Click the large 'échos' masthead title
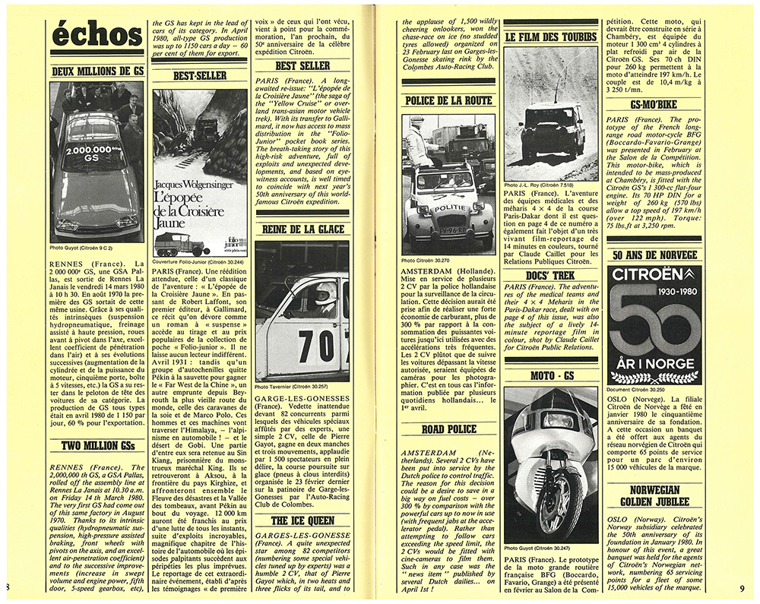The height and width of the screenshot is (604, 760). (x=96, y=35)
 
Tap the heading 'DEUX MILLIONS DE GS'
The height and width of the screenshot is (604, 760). (x=96, y=71)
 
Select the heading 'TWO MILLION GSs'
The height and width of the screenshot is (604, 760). (x=96, y=446)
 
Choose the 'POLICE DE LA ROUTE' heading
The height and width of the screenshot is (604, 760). (x=448, y=101)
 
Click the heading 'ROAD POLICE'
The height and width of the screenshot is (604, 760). (x=448, y=429)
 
